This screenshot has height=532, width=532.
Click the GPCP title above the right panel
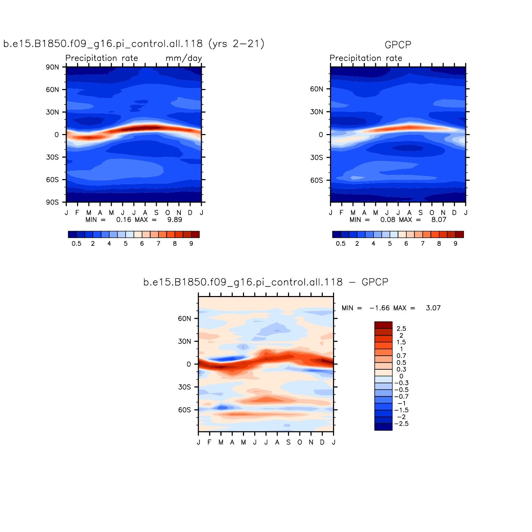point(398,45)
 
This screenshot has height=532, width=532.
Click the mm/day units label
point(184,58)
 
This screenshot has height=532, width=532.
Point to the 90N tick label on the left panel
point(52,67)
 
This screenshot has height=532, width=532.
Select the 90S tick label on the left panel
point(52,202)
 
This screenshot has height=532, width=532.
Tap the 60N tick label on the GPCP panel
point(317,89)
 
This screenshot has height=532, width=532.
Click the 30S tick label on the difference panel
point(184,387)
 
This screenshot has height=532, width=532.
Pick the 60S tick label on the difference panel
point(184,410)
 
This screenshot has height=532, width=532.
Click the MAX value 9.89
point(175,220)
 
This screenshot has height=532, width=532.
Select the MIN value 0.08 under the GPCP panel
point(388,220)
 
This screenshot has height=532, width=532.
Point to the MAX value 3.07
point(433,308)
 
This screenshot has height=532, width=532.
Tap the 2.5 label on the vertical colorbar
point(401,328)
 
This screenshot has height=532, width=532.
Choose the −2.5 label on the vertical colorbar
point(401,424)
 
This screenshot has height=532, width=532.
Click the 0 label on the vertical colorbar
point(401,376)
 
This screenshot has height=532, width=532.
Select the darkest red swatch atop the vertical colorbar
point(383,325)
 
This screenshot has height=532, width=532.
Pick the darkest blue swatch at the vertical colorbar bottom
point(383,427)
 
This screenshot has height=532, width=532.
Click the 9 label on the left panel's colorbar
point(191,244)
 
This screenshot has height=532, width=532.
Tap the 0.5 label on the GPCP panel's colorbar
point(341,244)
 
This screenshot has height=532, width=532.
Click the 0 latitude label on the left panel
point(57,135)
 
